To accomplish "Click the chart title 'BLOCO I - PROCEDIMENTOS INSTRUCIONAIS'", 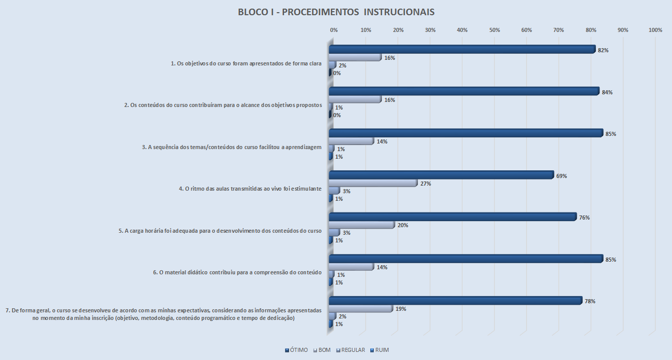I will [x=336, y=12].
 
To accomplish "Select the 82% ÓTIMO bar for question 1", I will [x=462, y=50].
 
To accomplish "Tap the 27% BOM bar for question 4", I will [x=373, y=183].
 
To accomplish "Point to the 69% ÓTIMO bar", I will [x=441, y=175].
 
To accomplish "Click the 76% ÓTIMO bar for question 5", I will [x=452, y=217].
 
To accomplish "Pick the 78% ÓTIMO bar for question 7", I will [x=455, y=301].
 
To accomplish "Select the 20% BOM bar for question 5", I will [x=361, y=225].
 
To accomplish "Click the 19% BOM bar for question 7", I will [x=360, y=308].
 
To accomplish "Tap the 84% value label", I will [x=607, y=92].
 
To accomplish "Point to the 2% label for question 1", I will [x=342, y=65].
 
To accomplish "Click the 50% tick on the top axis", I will [x=494, y=30].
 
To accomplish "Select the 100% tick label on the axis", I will [x=655, y=30].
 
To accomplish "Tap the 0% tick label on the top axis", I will [x=334, y=30].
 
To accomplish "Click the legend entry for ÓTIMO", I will [x=297, y=350].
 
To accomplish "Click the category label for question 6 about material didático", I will [x=237, y=272].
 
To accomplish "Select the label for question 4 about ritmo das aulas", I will [x=250, y=189].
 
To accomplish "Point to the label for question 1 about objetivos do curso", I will [x=246, y=64].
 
